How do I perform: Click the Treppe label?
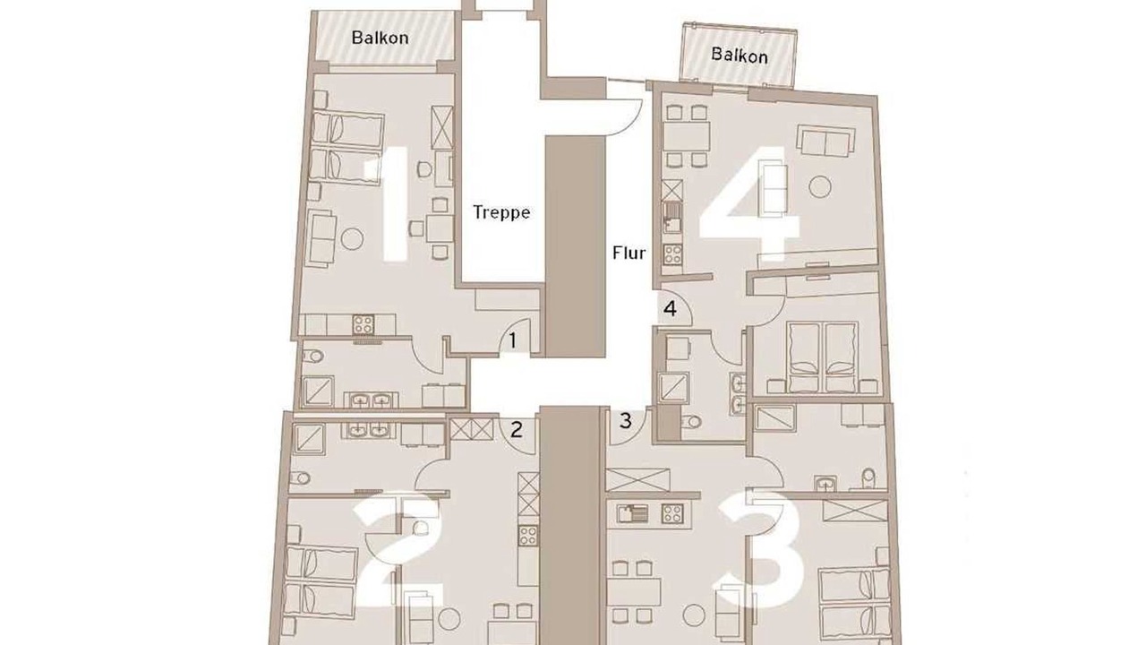(x=500, y=212)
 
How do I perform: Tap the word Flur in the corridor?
(x=629, y=253)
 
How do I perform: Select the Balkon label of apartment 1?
(x=381, y=38)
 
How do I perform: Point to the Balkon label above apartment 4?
(x=740, y=55)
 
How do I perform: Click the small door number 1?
(x=513, y=341)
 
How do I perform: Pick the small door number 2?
(x=517, y=429)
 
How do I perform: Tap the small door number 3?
(x=626, y=421)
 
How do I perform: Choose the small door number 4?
(x=671, y=309)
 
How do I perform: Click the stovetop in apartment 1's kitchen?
(x=363, y=324)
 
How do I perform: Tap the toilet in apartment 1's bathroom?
(x=312, y=356)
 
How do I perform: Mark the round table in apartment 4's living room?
(x=820, y=187)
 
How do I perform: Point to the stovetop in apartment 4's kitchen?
(x=672, y=254)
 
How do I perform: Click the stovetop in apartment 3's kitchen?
(x=672, y=513)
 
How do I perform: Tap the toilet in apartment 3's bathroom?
(x=868, y=478)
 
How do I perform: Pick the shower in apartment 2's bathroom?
(x=309, y=440)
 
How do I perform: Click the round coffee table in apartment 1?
(x=352, y=239)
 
